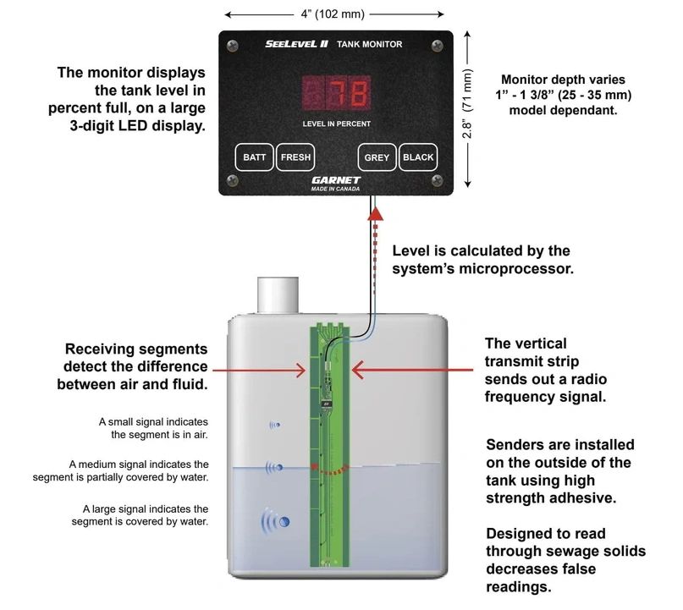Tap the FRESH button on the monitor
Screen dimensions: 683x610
[x=295, y=157]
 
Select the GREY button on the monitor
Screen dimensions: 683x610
[x=377, y=157]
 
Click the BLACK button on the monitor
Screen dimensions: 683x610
[x=418, y=157]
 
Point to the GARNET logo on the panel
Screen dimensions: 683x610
[x=336, y=180]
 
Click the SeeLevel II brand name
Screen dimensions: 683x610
[x=296, y=43]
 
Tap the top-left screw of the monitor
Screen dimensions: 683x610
[x=233, y=46]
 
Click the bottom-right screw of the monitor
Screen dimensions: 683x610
[x=438, y=180]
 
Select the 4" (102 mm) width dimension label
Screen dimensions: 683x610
[x=333, y=14]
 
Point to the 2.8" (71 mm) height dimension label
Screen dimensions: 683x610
[x=467, y=103]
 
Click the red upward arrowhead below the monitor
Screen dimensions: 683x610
[x=376, y=213]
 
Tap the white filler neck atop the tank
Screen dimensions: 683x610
[x=278, y=294]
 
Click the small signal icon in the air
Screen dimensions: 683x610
[x=275, y=425]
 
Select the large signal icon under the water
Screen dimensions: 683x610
[x=275, y=521]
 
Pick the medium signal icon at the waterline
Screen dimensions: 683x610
[x=274, y=468]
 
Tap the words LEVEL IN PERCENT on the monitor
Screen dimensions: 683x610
[x=337, y=124]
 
